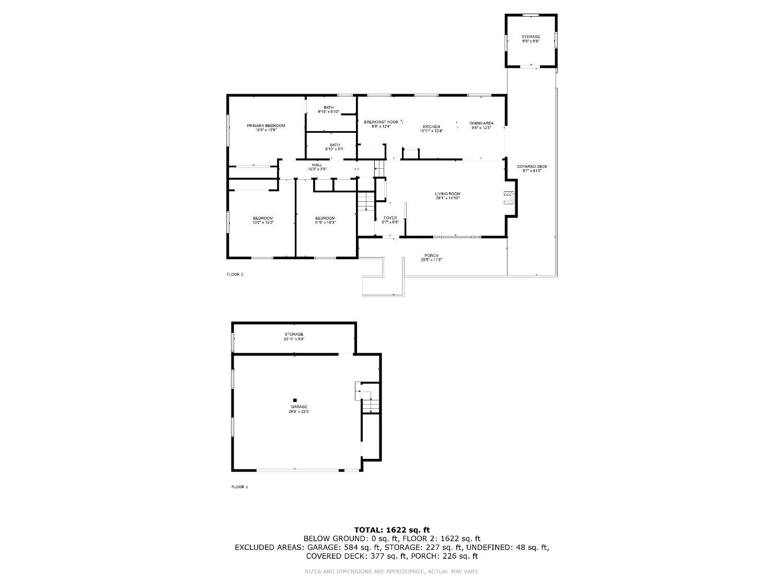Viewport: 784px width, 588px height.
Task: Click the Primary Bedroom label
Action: click(x=266, y=126)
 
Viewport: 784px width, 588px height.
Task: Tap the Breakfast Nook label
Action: click(x=381, y=122)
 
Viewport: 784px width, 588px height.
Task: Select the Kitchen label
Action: click(x=431, y=127)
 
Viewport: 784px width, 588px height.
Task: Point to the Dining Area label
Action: click(x=481, y=123)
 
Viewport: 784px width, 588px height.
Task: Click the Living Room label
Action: click(x=448, y=194)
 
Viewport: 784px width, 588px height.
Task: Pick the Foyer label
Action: click(x=390, y=218)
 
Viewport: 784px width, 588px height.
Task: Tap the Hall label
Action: click(x=317, y=165)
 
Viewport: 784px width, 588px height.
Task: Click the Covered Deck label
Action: click(x=532, y=167)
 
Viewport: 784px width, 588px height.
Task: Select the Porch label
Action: click(x=431, y=256)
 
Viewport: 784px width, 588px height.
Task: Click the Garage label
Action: click(x=299, y=407)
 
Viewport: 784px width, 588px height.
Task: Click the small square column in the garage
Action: click(x=295, y=400)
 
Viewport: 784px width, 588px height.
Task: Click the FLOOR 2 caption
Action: click(x=235, y=274)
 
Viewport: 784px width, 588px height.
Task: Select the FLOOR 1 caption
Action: click(x=240, y=487)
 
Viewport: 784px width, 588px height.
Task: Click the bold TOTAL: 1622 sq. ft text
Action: click(x=392, y=530)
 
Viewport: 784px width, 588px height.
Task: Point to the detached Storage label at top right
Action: click(x=531, y=37)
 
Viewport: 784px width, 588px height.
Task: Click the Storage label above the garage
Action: click(x=294, y=335)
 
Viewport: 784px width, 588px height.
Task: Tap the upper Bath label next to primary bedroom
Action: click(x=328, y=108)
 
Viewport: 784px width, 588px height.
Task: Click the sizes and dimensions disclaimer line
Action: click(x=392, y=572)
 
